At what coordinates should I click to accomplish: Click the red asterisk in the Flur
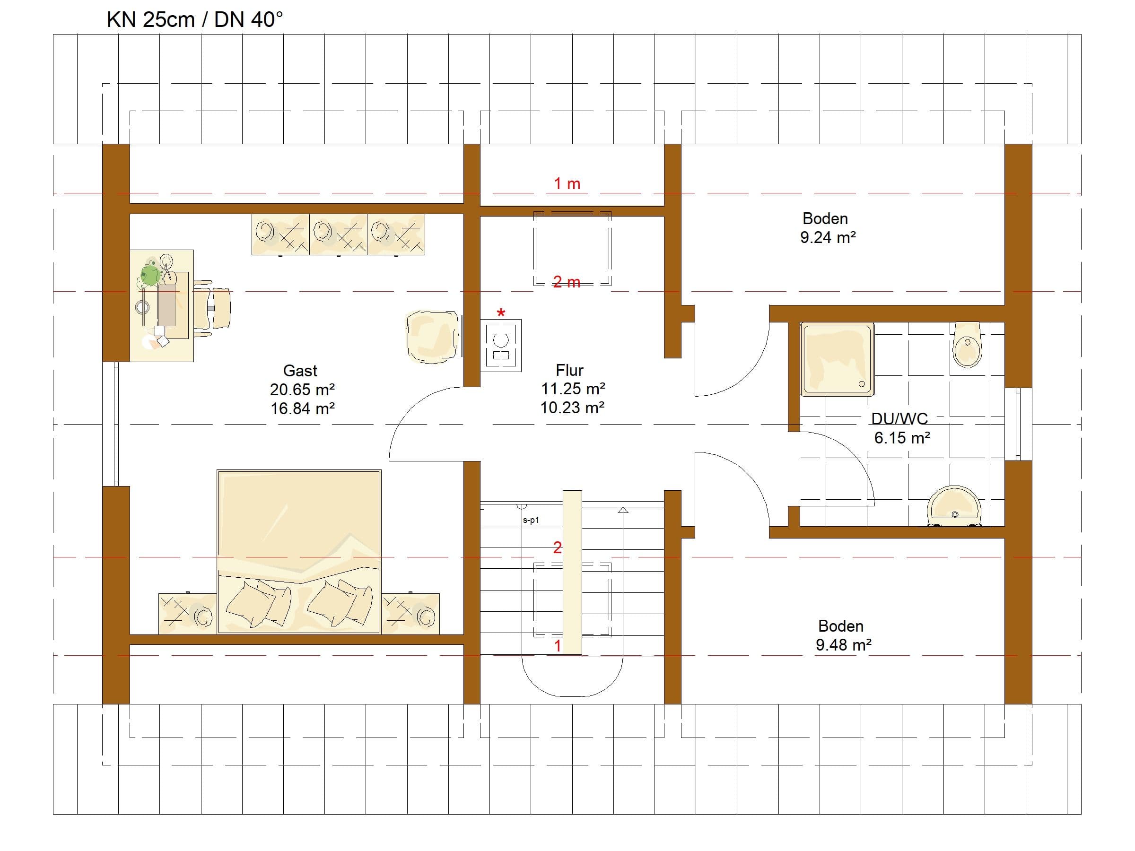click(x=501, y=313)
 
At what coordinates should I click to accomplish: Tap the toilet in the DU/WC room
click(x=967, y=345)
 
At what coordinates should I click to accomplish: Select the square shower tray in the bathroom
click(x=838, y=360)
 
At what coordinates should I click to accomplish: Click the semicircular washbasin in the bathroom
click(x=954, y=506)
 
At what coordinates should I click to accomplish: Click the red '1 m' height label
click(x=567, y=183)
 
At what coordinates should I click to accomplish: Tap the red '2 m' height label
click(x=567, y=282)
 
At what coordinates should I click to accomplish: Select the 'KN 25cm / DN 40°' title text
click(x=195, y=19)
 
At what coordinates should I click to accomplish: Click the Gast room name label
click(x=300, y=370)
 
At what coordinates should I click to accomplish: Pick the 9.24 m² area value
click(x=828, y=237)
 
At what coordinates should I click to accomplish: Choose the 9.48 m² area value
click(x=844, y=645)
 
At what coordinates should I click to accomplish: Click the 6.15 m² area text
click(x=902, y=437)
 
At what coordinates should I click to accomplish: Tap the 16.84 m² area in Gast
click(x=303, y=408)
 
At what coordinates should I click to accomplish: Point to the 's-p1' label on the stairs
click(x=531, y=520)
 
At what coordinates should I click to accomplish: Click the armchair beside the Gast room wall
click(x=432, y=337)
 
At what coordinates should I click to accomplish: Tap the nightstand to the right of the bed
click(x=410, y=614)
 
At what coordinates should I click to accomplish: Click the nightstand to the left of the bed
click(x=187, y=614)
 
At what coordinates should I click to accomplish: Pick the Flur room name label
click(x=569, y=370)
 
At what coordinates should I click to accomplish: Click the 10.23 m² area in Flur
click(x=572, y=407)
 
